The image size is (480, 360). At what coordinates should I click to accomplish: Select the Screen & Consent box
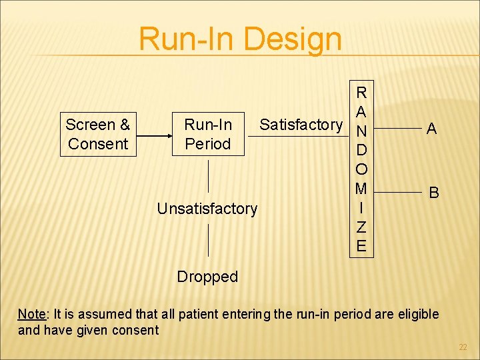coord(98,134)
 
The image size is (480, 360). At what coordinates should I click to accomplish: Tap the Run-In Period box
coord(208,134)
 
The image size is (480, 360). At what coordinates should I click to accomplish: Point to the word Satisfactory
coord(301,125)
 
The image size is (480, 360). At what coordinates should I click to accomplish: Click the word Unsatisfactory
coord(207,209)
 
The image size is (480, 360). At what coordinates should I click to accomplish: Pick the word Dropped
coord(207,277)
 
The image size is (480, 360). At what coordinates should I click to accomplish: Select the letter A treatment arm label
coord(432,129)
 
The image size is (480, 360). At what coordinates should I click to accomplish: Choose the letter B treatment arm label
coord(434,193)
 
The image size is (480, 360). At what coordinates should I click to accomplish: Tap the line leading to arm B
coord(397,192)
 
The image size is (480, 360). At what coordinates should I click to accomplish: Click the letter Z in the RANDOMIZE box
coord(361,227)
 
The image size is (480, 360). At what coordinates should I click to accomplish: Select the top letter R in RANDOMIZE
coord(361,92)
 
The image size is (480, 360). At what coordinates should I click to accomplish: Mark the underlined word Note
coord(31,314)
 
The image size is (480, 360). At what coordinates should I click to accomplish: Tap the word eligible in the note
coord(414,314)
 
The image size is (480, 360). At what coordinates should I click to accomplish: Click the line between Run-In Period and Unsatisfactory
coord(209,175)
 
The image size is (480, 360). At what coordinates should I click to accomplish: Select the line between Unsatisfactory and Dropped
coord(209,240)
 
